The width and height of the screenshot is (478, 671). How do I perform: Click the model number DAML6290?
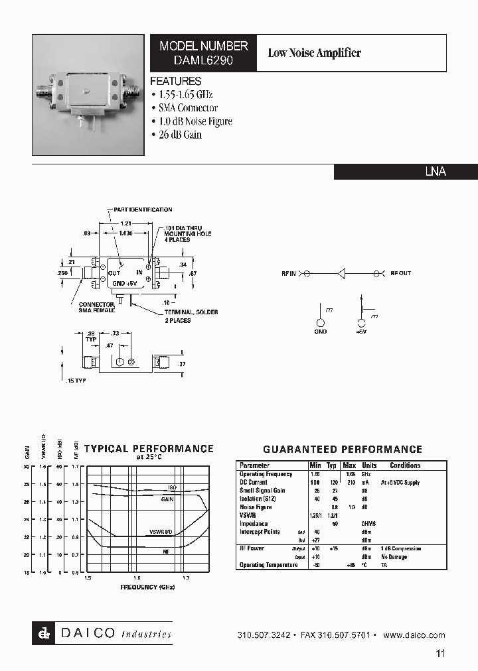click(x=203, y=60)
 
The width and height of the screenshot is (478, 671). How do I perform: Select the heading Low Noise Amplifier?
click(x=314, y=53)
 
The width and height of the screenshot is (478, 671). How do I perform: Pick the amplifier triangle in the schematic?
click(x=341, y=273)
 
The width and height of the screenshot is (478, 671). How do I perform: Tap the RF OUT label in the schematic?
click(x=400, y=273)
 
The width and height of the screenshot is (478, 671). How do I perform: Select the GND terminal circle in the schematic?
click(x=321, y=324)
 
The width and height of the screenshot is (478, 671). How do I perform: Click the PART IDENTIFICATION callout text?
click(x=143, y=210)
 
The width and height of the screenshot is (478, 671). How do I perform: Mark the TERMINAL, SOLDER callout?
click(x=191, y=312)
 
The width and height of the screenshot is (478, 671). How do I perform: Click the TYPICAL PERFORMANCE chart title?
click(x=149, y=449)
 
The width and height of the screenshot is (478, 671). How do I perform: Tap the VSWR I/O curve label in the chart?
click(x=161, y=532)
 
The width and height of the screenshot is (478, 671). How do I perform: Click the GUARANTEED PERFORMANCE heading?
click(x=343, y=450)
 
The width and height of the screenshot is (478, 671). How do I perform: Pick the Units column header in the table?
click(x=369, y=465)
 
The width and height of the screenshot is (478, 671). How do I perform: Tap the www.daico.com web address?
click(x=414, y=635)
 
